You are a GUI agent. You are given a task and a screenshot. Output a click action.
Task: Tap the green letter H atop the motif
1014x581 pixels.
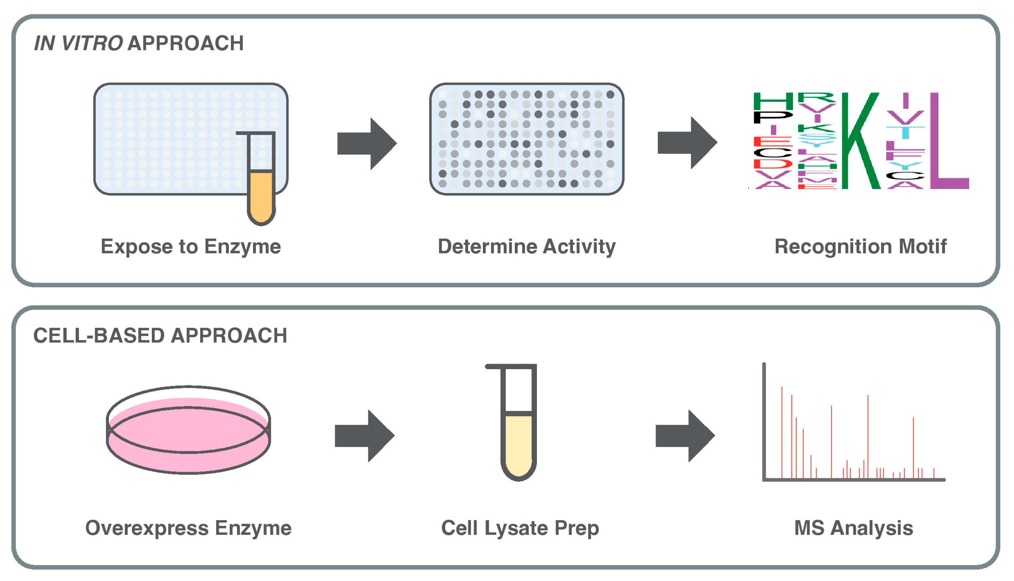(x=772, y=101)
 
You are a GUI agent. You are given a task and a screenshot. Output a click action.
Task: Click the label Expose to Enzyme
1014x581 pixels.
(x=191, y=246)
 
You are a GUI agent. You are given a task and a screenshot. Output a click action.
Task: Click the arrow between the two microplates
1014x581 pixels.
(x=366, y=144)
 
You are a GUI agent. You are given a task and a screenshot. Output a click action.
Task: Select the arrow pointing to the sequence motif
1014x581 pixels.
(x=687, y=143)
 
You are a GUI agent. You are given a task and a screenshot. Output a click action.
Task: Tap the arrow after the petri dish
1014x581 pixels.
(x=363, y=436)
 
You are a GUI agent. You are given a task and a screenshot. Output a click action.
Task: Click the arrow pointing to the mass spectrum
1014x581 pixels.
(x=684, y=436)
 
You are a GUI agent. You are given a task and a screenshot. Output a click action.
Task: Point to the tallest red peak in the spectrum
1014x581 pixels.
(x=782, y=431)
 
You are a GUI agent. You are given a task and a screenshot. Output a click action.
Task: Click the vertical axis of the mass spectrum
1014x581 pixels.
(x=764, y=419)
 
